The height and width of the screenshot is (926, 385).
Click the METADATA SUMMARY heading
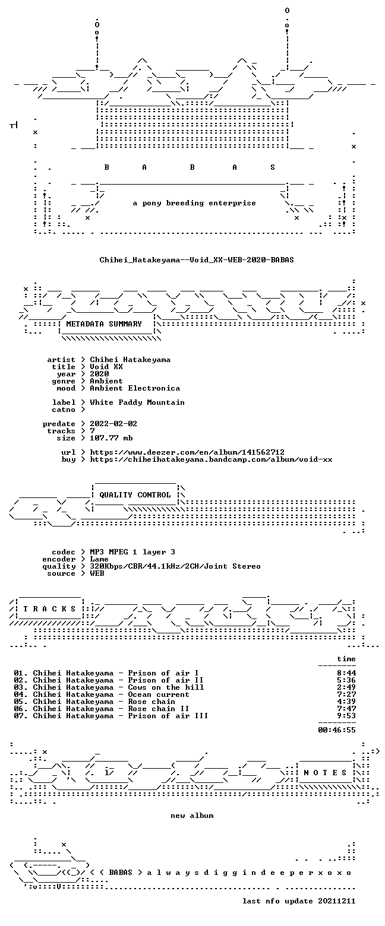(x=104, y=324)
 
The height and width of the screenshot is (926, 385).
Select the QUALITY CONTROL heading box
(x=135, y=495)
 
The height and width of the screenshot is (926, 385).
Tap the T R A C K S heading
(x=49, y=609)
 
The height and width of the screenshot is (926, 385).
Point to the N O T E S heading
(x=325, y=773)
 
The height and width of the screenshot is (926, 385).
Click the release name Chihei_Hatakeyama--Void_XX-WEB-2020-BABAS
(x=197, y=260)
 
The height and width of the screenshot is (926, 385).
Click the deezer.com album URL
(x=187, y=452)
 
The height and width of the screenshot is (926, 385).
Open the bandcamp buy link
(x=211, y=459)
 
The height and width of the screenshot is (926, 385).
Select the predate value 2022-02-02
(x=113, y=424)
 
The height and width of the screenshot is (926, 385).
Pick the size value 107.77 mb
(x=111, y=438)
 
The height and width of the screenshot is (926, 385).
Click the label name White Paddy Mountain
(x=137, y=402)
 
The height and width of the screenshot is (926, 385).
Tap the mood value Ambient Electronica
(x=135, y=388)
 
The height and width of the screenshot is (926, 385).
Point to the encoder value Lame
(x=99, y=559)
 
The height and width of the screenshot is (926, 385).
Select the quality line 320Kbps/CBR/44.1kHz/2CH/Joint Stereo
(x=175, y=566)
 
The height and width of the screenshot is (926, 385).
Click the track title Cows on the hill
(x=166, y=687)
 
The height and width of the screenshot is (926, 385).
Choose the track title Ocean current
(x=159, y=694)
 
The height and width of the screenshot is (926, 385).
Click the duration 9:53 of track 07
(x=346, y=716)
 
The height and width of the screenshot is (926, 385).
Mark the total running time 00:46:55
(x=337, y=730)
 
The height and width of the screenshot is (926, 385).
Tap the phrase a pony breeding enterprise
(x=194, y=203)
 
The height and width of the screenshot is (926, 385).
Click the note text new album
(x=192, y=816)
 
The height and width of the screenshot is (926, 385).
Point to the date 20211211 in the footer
(x=337, y=901)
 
